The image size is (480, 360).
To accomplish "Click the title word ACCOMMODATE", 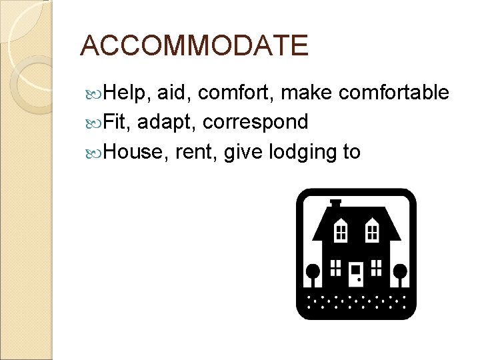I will [x=194, y=45].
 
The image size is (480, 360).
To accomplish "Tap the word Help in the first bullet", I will [x=129, y=93].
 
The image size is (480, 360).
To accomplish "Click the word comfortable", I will [x=394, y=93].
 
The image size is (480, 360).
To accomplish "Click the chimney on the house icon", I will [x=335, y=202].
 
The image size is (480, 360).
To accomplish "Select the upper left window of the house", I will [x=341, y=231].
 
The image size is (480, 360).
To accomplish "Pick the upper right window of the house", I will [x=372, y=231].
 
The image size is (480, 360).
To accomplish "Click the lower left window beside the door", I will [x=336, y=267].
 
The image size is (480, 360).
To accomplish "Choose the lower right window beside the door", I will [x=377, y=267].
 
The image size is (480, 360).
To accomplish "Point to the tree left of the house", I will [x=312, y=273].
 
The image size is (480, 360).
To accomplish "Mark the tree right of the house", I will [x=400, y=273].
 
